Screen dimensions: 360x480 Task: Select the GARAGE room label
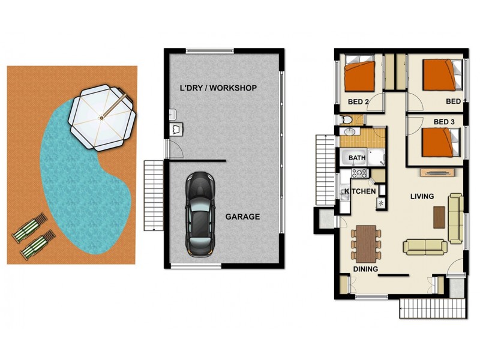point(242,217)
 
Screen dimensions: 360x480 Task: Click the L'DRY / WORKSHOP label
point(218,88)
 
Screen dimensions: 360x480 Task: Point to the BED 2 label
point(358,101)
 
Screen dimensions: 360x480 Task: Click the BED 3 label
point(443,122)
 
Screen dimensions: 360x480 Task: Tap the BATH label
point(357,158)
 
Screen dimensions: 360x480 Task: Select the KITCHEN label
point(360,191)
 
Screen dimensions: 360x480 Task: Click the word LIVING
point(422,196)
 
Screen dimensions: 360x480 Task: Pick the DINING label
point(365,269)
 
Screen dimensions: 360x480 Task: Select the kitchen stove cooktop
point(359,173)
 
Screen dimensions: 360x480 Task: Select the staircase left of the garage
point(154,195)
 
